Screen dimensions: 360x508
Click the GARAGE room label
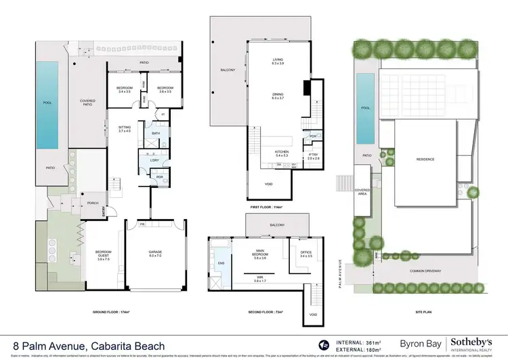155,252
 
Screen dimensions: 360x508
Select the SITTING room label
125,128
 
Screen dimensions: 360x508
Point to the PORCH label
92,201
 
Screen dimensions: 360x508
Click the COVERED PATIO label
87,104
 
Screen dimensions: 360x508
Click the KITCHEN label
282,153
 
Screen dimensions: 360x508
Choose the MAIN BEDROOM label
261,255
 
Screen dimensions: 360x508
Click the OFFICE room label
305,255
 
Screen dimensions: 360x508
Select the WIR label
260,278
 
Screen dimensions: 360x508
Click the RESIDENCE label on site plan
425,160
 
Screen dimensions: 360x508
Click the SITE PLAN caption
423,313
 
